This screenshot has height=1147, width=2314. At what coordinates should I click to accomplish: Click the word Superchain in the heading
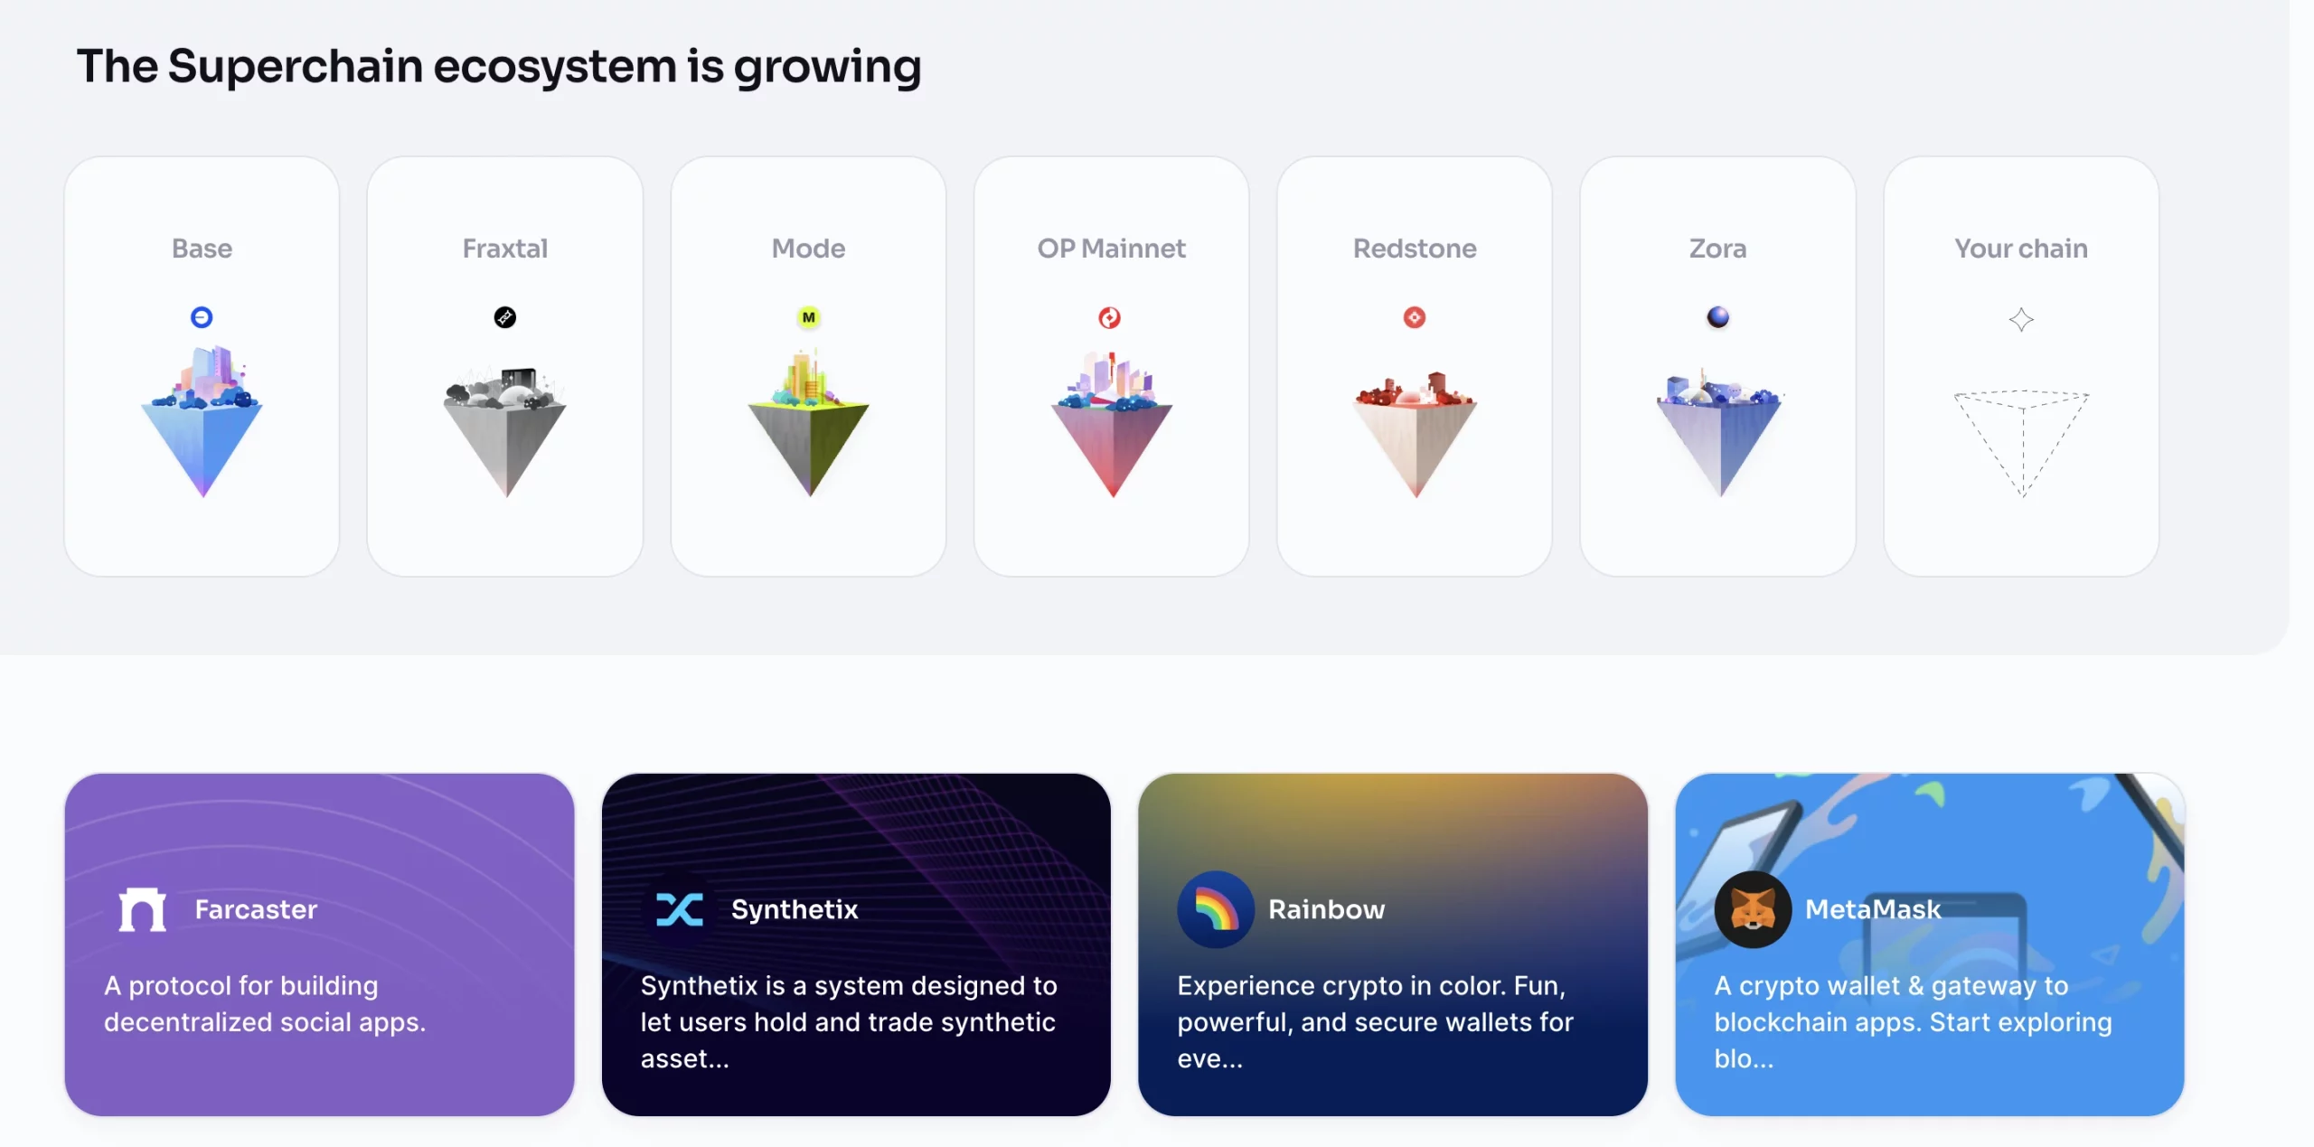(x=296, y=66)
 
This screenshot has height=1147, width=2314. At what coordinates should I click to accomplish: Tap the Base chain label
(x=202, y=249)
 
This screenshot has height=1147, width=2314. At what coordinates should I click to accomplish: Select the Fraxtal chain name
(x=505, y=249)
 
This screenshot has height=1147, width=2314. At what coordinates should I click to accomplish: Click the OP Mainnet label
(x=1111, y=249)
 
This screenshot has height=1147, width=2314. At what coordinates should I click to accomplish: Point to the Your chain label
(x=2021, y=249)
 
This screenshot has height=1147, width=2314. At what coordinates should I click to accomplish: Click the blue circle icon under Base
(x=202, y=317)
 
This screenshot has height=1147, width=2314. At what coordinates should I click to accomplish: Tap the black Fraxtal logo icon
(x=505, y=317)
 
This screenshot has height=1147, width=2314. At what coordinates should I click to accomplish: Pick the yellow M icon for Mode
(x=808, y=317)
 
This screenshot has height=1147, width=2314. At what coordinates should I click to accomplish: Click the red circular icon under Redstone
(x=1415, y=317)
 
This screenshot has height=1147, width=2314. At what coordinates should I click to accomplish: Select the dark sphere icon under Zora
(x=1717, y=317)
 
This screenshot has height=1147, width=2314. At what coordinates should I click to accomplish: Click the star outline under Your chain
(x=2021, y=319)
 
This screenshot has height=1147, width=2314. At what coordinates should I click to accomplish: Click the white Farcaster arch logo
(x=143, y=909)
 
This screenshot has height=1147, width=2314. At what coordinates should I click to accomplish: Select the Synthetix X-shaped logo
(x=680, y=909)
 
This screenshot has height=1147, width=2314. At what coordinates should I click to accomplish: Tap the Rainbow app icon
(x=1216, y=909)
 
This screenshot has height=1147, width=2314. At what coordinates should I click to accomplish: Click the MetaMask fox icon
(x=1753, y=909)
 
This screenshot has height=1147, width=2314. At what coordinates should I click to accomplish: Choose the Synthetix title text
(x=795, y=909)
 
